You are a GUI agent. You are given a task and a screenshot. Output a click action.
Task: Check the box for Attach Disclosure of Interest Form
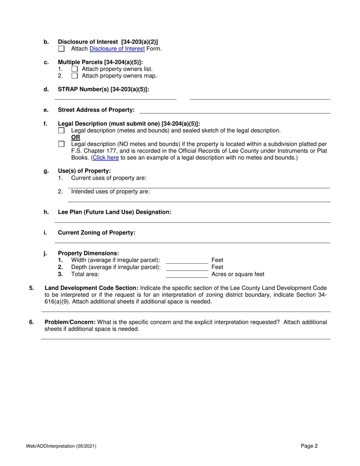(x=61, y=49)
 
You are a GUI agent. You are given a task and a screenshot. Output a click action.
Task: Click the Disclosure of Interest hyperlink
(x=117, y=49)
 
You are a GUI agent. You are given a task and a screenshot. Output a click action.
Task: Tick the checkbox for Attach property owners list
(x=75, y=69)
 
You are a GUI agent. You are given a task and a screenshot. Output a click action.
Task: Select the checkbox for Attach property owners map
(x=75, y=76)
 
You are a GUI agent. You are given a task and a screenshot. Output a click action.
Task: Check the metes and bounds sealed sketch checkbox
(x=61, y=131)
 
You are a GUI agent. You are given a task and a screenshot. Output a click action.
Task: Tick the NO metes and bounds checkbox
(x=61, y=144)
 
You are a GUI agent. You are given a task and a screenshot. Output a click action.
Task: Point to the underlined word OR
(x=75, y=137)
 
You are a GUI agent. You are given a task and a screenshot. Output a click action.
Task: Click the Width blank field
(x=187, y=260)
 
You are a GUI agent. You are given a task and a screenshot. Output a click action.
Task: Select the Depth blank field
(x=187, y=267)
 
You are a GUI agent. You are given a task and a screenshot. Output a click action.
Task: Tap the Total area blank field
(x=187, y=274)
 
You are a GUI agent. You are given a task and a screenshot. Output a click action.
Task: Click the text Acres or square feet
(x=238, y=274)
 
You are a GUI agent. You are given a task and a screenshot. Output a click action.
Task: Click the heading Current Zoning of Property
(x=96, y=233)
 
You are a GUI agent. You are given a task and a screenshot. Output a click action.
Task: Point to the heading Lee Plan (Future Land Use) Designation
(x=114, y=212)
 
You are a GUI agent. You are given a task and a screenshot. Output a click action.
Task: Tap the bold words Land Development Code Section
(x=91, y=288)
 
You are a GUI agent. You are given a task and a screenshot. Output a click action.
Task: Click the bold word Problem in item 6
(x=56, y=322)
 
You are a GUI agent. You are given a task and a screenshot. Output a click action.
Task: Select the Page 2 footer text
(x=309, y=446)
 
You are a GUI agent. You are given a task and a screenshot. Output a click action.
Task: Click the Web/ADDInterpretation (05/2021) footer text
(x=61, y=446)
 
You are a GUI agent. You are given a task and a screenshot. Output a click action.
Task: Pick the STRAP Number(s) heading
(x=103, y=89)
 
